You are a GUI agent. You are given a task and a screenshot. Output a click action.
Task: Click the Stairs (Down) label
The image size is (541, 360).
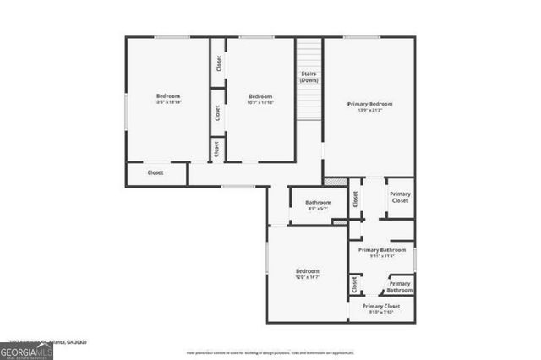point(309,77)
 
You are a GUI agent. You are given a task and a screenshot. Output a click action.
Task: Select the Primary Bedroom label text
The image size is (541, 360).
point(370,104)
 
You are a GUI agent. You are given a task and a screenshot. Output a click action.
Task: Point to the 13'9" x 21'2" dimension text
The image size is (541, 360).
point(370,111)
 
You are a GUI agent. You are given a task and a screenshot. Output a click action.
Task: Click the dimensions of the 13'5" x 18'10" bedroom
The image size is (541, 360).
point(168,102)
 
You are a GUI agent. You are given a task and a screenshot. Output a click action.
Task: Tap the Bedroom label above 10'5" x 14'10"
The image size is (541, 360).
point(260,96)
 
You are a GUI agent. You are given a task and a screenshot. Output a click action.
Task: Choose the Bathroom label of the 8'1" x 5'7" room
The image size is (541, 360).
point(318,202)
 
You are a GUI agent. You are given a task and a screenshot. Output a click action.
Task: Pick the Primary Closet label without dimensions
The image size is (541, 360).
point(400,199)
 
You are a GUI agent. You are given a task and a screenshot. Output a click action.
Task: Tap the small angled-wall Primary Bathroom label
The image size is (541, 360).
point(400,286)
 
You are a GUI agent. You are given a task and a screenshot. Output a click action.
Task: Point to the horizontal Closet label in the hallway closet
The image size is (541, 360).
point(156,172)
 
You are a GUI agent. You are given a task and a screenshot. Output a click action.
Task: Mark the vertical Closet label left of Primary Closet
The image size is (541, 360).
point(356,199)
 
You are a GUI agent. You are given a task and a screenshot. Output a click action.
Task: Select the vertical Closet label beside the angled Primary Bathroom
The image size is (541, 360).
point(353,285)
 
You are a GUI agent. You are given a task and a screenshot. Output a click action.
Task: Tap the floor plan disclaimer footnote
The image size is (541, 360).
point(270,352)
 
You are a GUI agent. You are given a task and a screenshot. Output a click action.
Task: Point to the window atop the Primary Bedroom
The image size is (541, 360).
point(361,37)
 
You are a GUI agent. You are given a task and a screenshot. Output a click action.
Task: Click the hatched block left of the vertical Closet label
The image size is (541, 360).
point(336,181)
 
